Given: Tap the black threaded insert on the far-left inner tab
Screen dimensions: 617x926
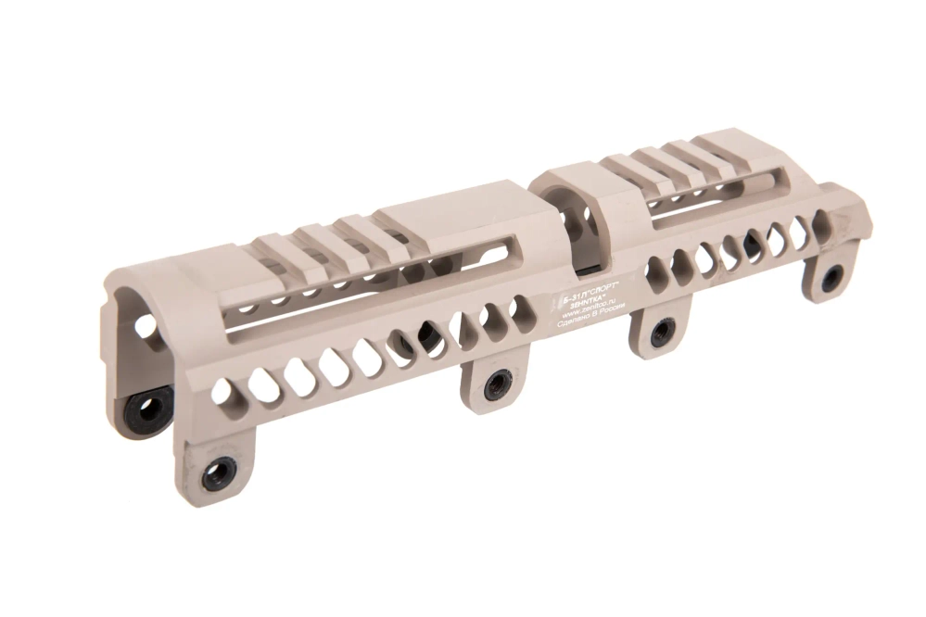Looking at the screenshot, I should tap(146, 405).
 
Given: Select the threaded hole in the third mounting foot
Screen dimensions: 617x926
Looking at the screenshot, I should tap(663, 331).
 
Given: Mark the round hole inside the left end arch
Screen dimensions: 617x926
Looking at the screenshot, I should tap(145, 326).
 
